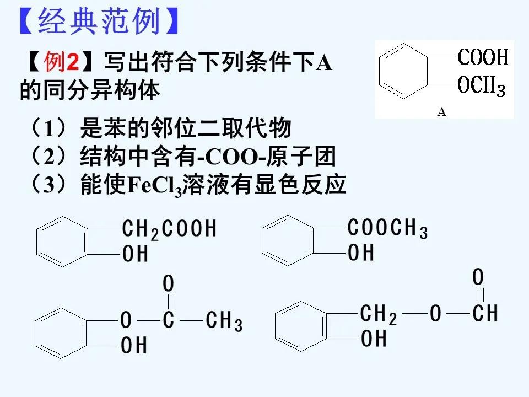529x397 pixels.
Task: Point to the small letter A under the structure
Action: tap(441, 112)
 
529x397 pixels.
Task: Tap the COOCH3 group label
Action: tap(388, 228)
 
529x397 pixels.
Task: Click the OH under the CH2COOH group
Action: tap(136, 254)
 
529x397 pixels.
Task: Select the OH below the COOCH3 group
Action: tap(361, 253)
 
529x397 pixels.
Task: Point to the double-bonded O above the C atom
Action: tap(169, 285)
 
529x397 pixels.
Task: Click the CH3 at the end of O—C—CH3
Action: tap(224, 321)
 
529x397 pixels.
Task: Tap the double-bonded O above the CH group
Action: tap(479, 276)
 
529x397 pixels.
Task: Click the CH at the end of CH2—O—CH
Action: tap(485, 314)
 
